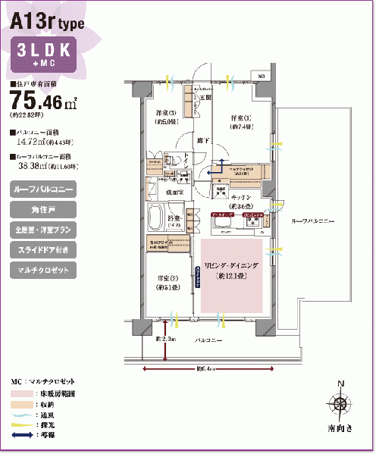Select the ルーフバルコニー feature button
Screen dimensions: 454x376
[x=42, y=188]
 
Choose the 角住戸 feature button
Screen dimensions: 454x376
[x=42, y=208]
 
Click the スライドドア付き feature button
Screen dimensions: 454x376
[x=42, y=249]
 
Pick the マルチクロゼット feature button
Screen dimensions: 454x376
[x=42, y=270]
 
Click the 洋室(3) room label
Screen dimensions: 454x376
[x=165, y=117]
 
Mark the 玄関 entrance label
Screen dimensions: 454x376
[x=205, y=98]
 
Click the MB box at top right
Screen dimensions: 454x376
[x=261, y=77]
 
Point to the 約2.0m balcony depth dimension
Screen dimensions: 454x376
[x=166, y=339]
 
